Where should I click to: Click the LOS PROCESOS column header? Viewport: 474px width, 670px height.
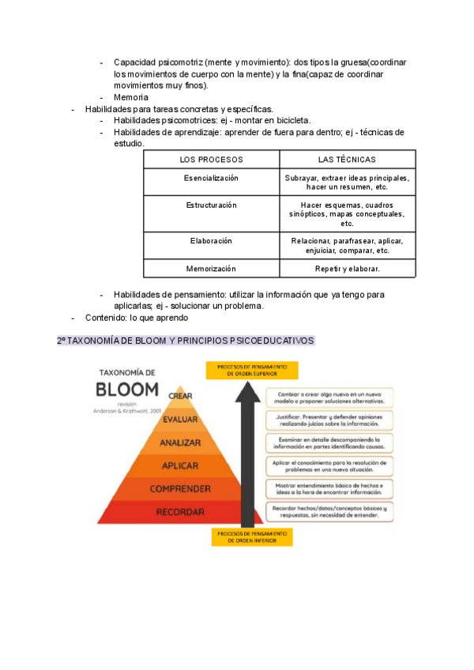[211, 160]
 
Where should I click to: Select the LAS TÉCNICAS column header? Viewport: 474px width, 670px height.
[348, 160]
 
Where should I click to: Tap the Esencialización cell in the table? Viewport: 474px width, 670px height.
[211, 179]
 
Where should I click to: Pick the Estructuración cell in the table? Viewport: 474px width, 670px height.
[211, 205]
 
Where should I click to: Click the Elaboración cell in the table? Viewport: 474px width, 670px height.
[211, 241]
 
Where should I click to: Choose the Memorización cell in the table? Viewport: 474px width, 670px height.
[211, 269]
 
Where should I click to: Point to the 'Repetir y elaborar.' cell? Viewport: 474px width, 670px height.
[348, 269]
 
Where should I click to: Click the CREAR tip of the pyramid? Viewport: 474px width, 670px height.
[180, 396]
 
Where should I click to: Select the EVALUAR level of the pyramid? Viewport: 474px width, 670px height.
[180, 420]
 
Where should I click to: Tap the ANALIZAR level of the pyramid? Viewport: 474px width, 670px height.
[180, 442]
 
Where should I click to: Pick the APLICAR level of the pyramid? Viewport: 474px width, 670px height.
[180, 465]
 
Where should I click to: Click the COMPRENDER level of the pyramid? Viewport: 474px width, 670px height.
[180, 489]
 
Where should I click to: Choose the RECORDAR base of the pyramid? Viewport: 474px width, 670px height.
[180, 512]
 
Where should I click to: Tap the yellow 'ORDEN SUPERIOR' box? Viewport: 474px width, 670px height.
[252, 371]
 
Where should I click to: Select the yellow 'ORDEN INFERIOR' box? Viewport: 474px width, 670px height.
[252, 537]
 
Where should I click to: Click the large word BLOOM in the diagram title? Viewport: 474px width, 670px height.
[127, 390]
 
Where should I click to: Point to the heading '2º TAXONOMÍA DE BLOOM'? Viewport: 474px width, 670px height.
[186, 341]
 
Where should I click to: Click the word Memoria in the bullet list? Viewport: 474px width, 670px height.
[131, 97]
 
